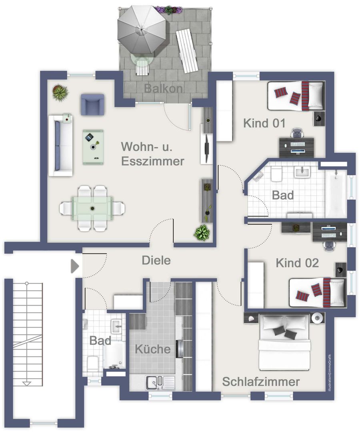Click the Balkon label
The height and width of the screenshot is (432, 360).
pos(163,88)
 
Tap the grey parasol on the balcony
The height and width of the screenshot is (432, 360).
pos(142,30)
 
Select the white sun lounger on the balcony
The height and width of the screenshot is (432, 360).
pos(187,51)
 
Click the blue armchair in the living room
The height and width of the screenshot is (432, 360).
pos(92,105)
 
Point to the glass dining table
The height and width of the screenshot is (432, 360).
pos(92,208)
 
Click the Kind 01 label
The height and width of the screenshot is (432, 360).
pos(264,123)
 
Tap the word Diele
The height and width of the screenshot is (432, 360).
pos(156,260)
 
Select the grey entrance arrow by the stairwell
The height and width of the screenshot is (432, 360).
pos(75,266)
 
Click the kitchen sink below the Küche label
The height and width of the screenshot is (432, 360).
pos(160,383)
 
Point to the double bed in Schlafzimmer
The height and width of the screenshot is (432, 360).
pos(284,342)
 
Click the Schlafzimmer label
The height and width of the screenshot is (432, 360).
pos(261,382)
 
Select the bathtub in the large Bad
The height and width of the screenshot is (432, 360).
pos(336,194)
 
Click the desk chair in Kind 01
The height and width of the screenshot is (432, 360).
pos(297,133)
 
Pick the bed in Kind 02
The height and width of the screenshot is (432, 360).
pos(317,292)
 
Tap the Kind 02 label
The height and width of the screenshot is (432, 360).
pos(297,263)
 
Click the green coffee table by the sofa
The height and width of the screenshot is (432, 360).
pos(93,147)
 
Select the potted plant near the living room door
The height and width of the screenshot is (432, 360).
pos(202,232)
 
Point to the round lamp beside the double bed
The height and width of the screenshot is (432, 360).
pos(317,318)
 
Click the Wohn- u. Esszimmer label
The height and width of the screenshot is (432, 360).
pos(152,154)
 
